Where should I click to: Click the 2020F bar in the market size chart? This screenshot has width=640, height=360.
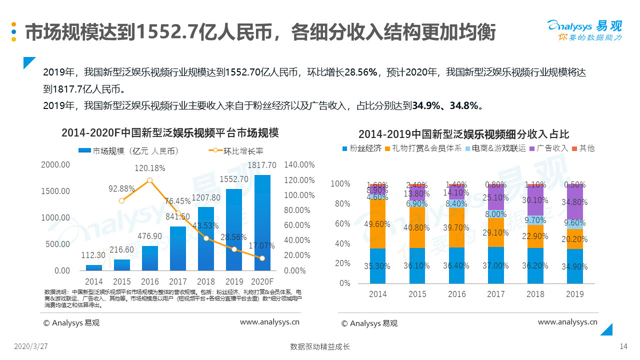point(262,222)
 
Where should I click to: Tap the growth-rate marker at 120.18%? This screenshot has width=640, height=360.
point(149,180)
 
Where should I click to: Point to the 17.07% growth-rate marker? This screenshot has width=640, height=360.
point(262,258)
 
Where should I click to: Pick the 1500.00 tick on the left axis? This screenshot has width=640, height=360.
point(55,191)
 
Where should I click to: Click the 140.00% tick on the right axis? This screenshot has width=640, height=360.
point(299,164)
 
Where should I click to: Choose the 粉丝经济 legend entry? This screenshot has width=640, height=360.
point(361,148)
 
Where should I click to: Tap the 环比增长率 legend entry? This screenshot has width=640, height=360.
point(239,151)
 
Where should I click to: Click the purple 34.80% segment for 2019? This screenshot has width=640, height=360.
point(574,202)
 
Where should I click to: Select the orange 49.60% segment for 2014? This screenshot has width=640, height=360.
point(378,223)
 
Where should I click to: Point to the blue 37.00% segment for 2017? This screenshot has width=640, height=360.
point(496,265)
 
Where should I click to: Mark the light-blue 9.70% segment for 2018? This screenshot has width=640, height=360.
point(535,220)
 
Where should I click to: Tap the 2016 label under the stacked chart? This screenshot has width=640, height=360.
point(456,294)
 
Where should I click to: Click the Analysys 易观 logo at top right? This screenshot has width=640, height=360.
point(584,30)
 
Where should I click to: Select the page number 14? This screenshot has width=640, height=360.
point(623,346)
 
